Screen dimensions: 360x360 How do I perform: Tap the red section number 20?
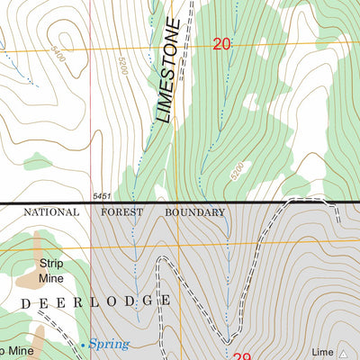[222, 43]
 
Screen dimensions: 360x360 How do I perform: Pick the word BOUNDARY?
[194, 212]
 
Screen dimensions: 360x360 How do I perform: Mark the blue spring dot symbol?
[84, 344]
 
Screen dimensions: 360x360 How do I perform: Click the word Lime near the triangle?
[321, 353]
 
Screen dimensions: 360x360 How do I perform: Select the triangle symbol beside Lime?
[343, 353]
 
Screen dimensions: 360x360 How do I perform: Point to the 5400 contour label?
[59, 56]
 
